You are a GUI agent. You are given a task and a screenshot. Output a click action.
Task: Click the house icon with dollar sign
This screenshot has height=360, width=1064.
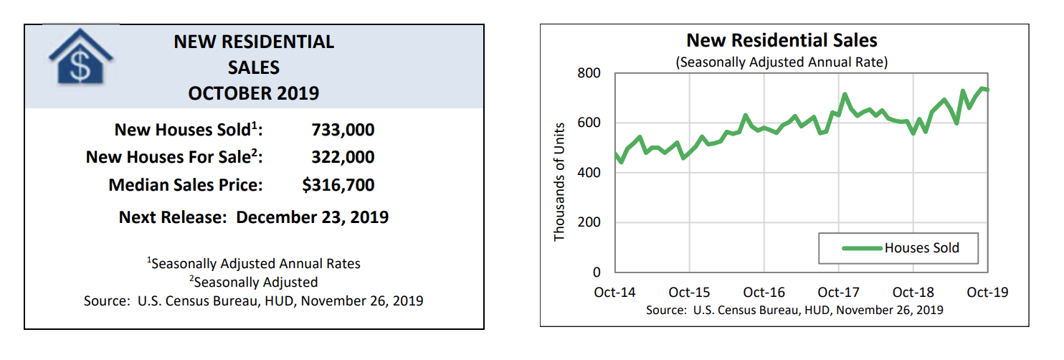click(x=80, y=59)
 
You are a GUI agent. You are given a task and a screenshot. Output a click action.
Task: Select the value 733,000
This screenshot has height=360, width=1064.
click(x=343, y=131)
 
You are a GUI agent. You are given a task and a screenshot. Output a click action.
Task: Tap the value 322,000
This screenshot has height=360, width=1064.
click(x=343, y=158)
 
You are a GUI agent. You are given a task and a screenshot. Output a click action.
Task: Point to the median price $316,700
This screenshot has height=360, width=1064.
click(x=338, y=185)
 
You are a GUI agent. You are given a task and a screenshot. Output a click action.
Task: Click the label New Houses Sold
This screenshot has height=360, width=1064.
click(x=189, y=131)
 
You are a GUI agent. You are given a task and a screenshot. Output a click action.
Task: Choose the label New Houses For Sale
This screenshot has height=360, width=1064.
click(x=174, y=158)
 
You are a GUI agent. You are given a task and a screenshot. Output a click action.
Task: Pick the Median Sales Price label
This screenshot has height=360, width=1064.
click(x=186, y=185)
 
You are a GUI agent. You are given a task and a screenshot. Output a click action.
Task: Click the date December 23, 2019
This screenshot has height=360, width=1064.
click(x=312, y=217)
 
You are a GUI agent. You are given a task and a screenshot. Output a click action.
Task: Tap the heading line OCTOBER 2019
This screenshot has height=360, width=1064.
click(x=254, y=93)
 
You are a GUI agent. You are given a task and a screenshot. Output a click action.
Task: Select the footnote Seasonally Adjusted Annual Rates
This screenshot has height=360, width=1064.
click(x=254, y=263)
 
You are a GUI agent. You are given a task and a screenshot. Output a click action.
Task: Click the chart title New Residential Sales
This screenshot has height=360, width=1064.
click(x=782, y=40)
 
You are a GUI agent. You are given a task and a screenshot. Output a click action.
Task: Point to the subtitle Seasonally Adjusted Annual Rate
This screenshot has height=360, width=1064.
click(x=782, y=62)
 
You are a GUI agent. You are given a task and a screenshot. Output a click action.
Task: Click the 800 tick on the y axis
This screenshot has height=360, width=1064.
click(x=587, y=74)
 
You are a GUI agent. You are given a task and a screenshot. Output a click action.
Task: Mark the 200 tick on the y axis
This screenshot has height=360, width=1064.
click(x=587, y=222)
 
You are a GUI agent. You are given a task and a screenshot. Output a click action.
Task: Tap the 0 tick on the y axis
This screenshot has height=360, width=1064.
click(x=596, y=273)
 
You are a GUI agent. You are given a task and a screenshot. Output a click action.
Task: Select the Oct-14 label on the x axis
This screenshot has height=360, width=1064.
click(x=614, y=293)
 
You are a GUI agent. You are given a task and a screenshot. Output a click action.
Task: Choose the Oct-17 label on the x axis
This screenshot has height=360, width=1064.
click(x=838, y=293)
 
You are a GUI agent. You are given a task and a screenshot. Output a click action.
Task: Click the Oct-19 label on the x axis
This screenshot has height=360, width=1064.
click(x=988, y=293)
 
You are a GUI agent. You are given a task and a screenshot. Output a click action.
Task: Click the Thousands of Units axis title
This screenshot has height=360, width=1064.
click(x=560, y=182)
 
